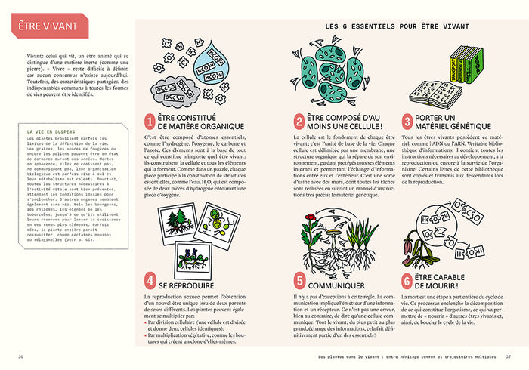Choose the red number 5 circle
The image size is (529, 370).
click(299, 282)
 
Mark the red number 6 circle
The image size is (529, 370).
click(408, 282)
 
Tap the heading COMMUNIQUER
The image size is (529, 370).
click(339, 285)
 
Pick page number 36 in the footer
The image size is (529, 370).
click(20, 356)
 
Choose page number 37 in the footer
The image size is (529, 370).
click(509, 356)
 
